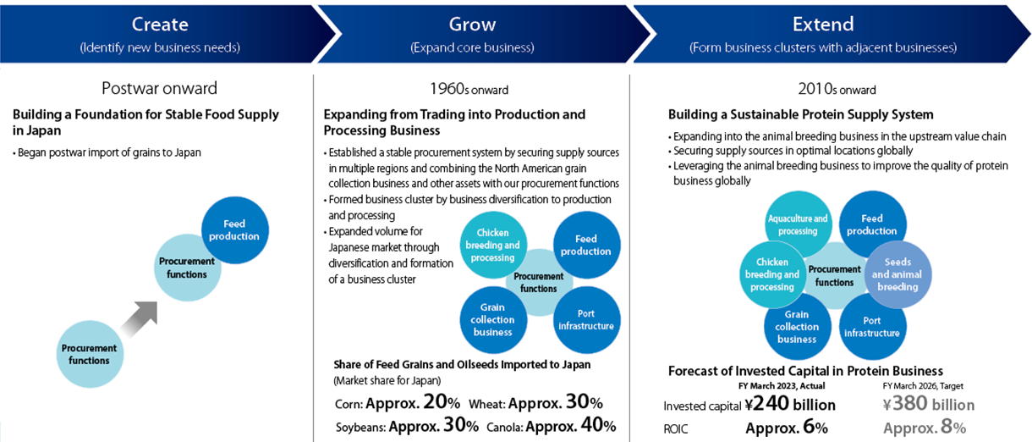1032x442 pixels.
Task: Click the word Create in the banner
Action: click(160, 24)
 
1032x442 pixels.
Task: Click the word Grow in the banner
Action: click(472, 24)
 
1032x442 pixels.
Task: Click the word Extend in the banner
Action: click(823, 24)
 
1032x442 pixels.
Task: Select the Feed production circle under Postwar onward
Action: click(235, 230)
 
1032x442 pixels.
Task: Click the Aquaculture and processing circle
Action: click(798, 224)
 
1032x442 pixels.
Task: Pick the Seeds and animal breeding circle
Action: click(898, 274)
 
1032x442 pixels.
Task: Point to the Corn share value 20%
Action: click(442, 402)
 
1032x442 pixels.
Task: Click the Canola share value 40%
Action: click(598, 425)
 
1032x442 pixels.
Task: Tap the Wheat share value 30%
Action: click(585, 402)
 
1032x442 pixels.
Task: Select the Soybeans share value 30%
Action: click(461, 425)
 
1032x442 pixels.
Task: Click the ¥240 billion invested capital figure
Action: click(790, 404)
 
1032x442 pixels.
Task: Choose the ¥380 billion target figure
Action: click(929, 404)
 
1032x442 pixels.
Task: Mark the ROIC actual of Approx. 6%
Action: click(787, 428)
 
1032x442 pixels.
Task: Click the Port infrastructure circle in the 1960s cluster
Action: click(586, 320)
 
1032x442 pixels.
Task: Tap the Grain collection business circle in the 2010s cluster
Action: click(798, 327)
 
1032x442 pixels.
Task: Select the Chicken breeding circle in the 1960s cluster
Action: click(493, 245)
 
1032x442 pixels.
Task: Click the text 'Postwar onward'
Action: click(159, 88)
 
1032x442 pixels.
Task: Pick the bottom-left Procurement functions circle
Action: click(90, 354)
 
